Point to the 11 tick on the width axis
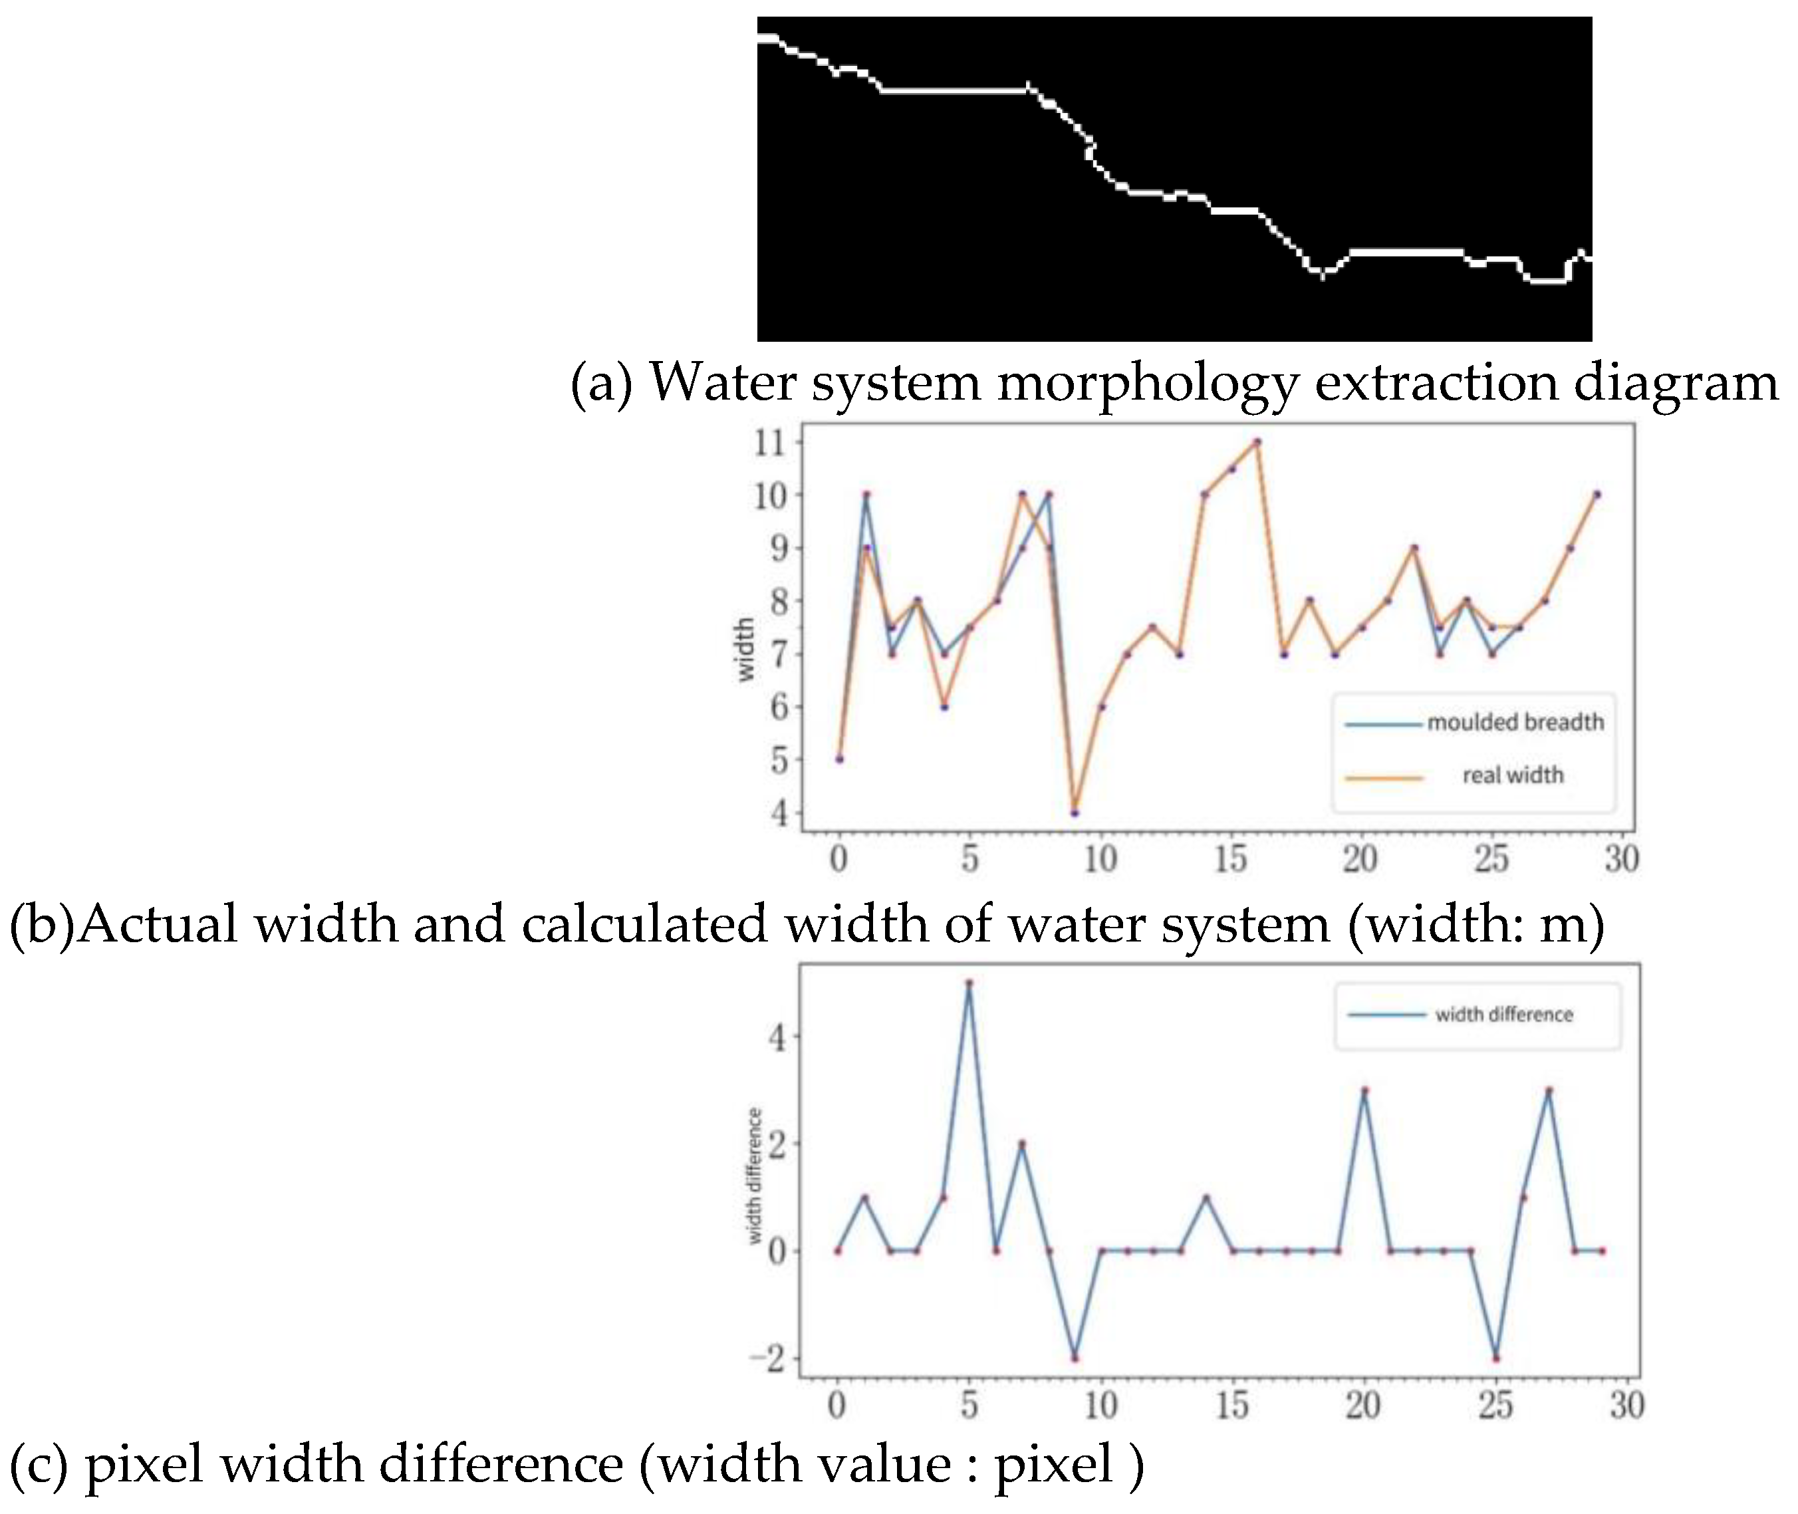pyautogui.click(x=770, y=443)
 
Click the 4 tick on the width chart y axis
pyautogui.click(x=779, y=812)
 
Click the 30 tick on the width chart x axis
pyautogui.click(x=1620, y=858)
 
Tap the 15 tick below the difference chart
pyautogui.click(x=1231, y=1405)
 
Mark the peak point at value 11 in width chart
pyautogui.click(x=1257, y=442)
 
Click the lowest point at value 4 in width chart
pyautogui.click(x=1075, y=812)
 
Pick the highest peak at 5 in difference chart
pyautogui.click(x=969, y=983)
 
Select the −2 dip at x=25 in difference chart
pyautogui.click(x=1496, y=1358)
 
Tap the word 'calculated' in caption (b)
pyautogui.click(x=644, y=926)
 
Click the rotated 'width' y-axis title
pyautogui.click(x=745, y=650)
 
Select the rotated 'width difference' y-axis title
pyautogui.click(x=755, y=1176)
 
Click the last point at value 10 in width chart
pyautogui.click(x=1597, y=495)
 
